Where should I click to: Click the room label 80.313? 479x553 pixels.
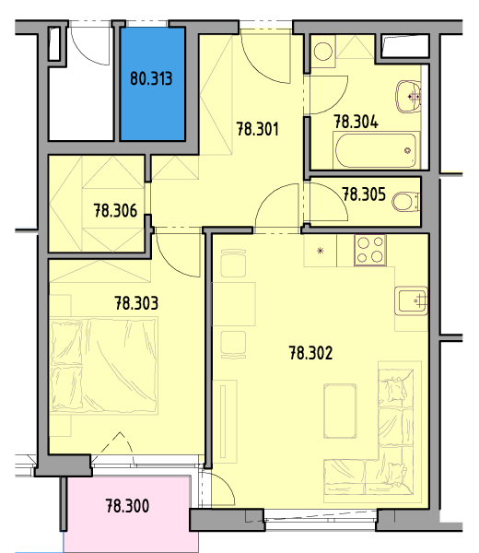tap(151, 78)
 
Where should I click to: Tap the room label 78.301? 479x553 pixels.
tap(257, 129)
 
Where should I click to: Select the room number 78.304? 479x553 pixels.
tap(356, 122)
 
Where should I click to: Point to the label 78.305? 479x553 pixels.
tap(364, 194)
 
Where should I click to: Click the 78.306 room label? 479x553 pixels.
tap(115, 211)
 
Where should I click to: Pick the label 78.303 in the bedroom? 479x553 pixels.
tap(136, 303)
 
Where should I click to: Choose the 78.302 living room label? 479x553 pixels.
tap(310, 353)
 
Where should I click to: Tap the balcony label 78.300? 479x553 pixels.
tap(127, 506)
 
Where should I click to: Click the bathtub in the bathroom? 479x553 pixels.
tap(377, 150)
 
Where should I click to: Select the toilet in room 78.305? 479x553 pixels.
tap(405, 202)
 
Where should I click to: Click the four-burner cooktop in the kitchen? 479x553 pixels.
tap(370, 251)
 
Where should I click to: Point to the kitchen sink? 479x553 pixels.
tap(411, 300)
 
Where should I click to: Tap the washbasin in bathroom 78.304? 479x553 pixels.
tap(408, 96)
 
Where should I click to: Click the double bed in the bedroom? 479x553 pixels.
tap(103, 365)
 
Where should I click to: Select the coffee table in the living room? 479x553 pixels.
tap(340, 411)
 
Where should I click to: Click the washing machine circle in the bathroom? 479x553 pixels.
tap(322, 52)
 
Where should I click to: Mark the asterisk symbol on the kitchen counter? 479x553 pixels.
tap(320, 251)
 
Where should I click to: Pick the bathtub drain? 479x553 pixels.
tap(408, 151)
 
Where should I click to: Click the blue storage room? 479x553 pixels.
tap(153, 84)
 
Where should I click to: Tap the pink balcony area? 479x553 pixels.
tap(131, 513)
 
